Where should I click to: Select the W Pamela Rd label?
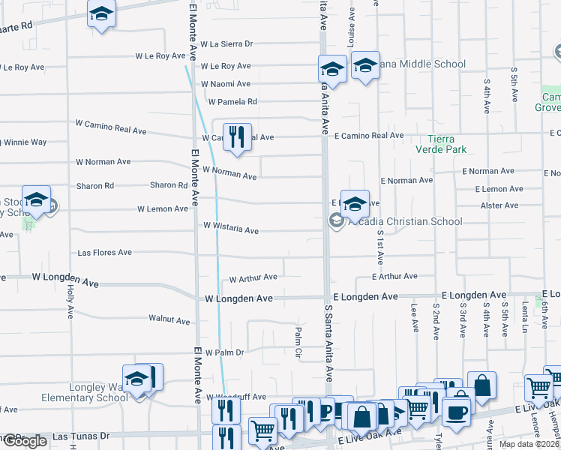232,101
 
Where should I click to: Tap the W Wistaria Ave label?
231,228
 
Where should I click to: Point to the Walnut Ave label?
169,320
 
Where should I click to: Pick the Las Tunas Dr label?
81,436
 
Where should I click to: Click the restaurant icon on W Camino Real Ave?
237,137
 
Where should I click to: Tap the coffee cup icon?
457,412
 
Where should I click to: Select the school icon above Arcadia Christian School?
355,202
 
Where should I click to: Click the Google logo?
25,441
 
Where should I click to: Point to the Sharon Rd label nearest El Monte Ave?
168,185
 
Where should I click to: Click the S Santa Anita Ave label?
328,342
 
